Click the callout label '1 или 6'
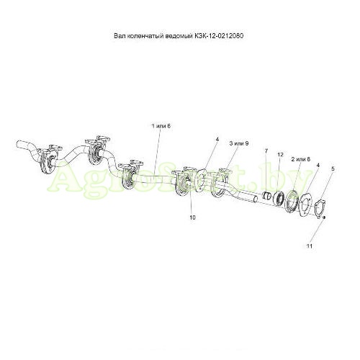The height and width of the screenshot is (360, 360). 161,126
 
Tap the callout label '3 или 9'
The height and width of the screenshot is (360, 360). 239,143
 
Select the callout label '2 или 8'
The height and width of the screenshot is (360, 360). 301,159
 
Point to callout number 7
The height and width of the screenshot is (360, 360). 266,150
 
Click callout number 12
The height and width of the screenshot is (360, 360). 280,155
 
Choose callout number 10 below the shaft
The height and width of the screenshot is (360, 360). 192,217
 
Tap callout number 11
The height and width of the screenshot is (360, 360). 310,246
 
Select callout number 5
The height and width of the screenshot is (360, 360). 333,168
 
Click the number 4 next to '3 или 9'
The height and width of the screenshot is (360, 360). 217,139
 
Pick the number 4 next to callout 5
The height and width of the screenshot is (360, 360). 318,165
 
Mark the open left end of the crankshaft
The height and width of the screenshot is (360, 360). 18,145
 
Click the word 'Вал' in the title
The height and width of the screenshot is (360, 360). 119,36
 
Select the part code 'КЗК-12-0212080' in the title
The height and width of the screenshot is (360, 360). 219,36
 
